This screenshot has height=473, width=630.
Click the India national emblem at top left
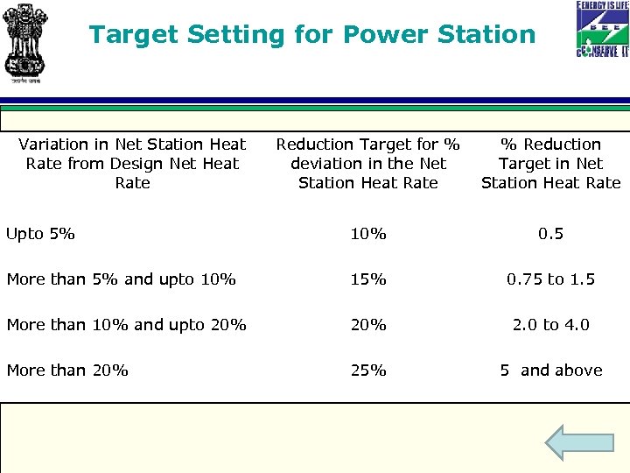click(25, 42)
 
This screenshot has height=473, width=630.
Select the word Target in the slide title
click(132, 35)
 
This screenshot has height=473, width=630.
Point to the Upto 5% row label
click(40, 234)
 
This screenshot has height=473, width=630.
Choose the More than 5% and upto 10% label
click(121, 279)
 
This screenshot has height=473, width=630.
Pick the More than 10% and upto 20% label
click(126, 325)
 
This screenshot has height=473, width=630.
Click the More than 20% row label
click(67, 371)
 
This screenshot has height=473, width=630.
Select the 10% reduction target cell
click(368, 234)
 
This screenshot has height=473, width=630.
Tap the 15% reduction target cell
click(368, 279)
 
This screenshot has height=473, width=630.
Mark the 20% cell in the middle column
click(368, 325)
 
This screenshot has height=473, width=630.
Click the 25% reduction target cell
click(368, 371)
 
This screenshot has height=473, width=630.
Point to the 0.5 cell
click(550, 234)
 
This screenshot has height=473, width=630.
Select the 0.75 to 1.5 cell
click(550, 279)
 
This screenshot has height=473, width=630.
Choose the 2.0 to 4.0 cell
click(550, 325)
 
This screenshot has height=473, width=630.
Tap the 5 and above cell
click(550, 371)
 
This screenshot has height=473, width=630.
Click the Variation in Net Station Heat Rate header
click(132, 164)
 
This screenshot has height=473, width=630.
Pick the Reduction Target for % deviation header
click(368, 164)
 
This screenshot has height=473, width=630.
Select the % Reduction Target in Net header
click(550, 164)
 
